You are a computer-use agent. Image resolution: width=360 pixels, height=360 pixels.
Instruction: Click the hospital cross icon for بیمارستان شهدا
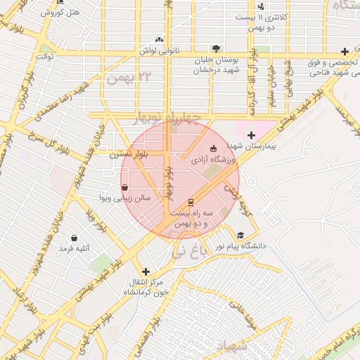(251, 134)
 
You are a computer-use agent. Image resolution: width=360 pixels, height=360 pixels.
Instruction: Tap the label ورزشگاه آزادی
(214, 161)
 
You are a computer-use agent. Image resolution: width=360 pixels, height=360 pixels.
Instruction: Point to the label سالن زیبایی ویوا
(124, 199)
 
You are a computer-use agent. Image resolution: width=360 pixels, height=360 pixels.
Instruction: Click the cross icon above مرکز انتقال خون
(146, 271)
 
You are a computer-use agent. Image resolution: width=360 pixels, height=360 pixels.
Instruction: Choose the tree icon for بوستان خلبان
(217, 49)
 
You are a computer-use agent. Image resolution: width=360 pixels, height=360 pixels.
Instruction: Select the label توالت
(45, 56)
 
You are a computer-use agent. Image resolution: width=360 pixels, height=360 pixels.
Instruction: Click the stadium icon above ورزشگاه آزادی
(214, 148)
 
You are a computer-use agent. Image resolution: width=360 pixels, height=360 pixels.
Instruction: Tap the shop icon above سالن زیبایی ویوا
(124, 188)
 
